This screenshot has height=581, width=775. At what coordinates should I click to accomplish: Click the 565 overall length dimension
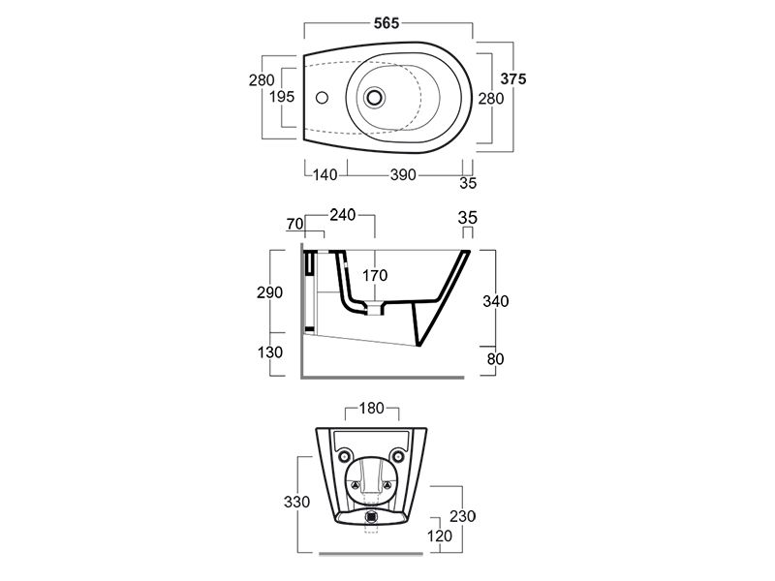387,22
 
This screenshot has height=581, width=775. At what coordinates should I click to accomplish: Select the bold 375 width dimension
513,78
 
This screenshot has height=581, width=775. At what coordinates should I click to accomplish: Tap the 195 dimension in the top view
282,96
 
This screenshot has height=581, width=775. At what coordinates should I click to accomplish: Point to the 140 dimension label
325,174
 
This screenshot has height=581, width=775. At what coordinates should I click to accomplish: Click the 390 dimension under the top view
403,174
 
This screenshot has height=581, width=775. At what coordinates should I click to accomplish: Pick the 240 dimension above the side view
343,214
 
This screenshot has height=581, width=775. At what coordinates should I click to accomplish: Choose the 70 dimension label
295,224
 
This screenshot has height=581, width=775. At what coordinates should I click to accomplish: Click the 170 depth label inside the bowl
375,275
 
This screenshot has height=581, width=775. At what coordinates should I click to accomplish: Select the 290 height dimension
270,292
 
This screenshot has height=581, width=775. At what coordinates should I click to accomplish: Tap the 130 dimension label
270,352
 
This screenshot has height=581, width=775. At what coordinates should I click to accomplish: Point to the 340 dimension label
496,301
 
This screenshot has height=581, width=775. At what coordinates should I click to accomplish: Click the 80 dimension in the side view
495,358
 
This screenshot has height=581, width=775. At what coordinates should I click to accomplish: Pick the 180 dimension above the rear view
372,408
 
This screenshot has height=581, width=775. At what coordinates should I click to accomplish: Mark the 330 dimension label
297,502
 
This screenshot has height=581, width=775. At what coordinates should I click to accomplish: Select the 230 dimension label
463,516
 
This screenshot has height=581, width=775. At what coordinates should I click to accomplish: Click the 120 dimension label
440,535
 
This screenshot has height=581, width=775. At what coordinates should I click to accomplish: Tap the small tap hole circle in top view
322,98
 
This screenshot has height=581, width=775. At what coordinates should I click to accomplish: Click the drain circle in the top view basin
375,96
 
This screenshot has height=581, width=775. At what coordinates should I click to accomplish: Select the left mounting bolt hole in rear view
345,455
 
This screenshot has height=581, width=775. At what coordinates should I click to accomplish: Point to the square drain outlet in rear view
372,517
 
